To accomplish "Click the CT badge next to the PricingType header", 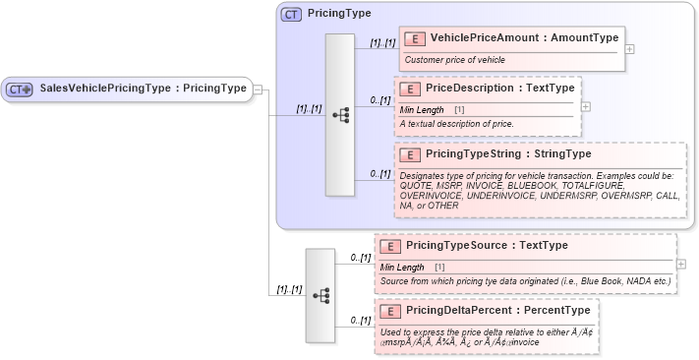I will click(x=291, y=15).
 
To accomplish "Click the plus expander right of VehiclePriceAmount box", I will click(x=630, y=48).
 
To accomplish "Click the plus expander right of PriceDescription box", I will click(x=586, y=105).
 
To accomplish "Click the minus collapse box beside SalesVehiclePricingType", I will click(x=258, y=89).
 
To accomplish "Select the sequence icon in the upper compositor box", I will click(x=340, y=114).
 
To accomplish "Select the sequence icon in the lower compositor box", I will click(x=320, y=294).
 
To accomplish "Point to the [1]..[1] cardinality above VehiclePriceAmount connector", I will click(x=381, y=43).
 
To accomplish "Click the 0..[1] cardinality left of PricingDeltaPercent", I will click(x=359, y=321).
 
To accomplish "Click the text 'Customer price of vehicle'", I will click(x=454, y=60).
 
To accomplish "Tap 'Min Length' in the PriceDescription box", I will click(x=423, y=109).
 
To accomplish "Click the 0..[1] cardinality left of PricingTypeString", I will click(x=379, y=173).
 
